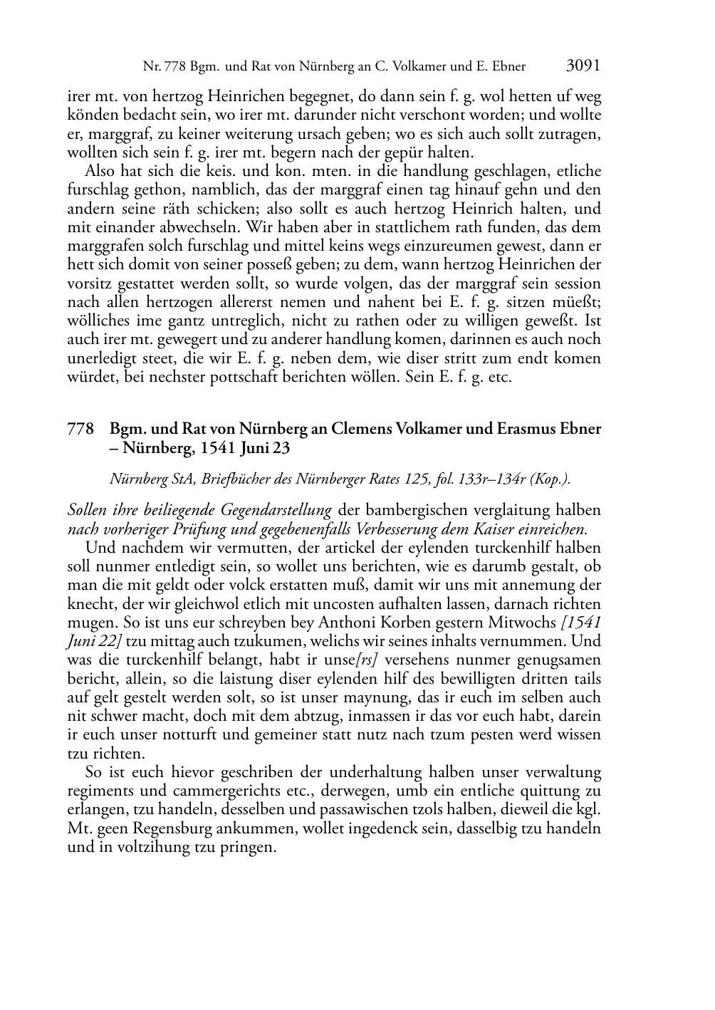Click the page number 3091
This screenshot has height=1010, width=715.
tap(583, 66)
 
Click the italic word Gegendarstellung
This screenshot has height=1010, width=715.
tap(278, 511)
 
